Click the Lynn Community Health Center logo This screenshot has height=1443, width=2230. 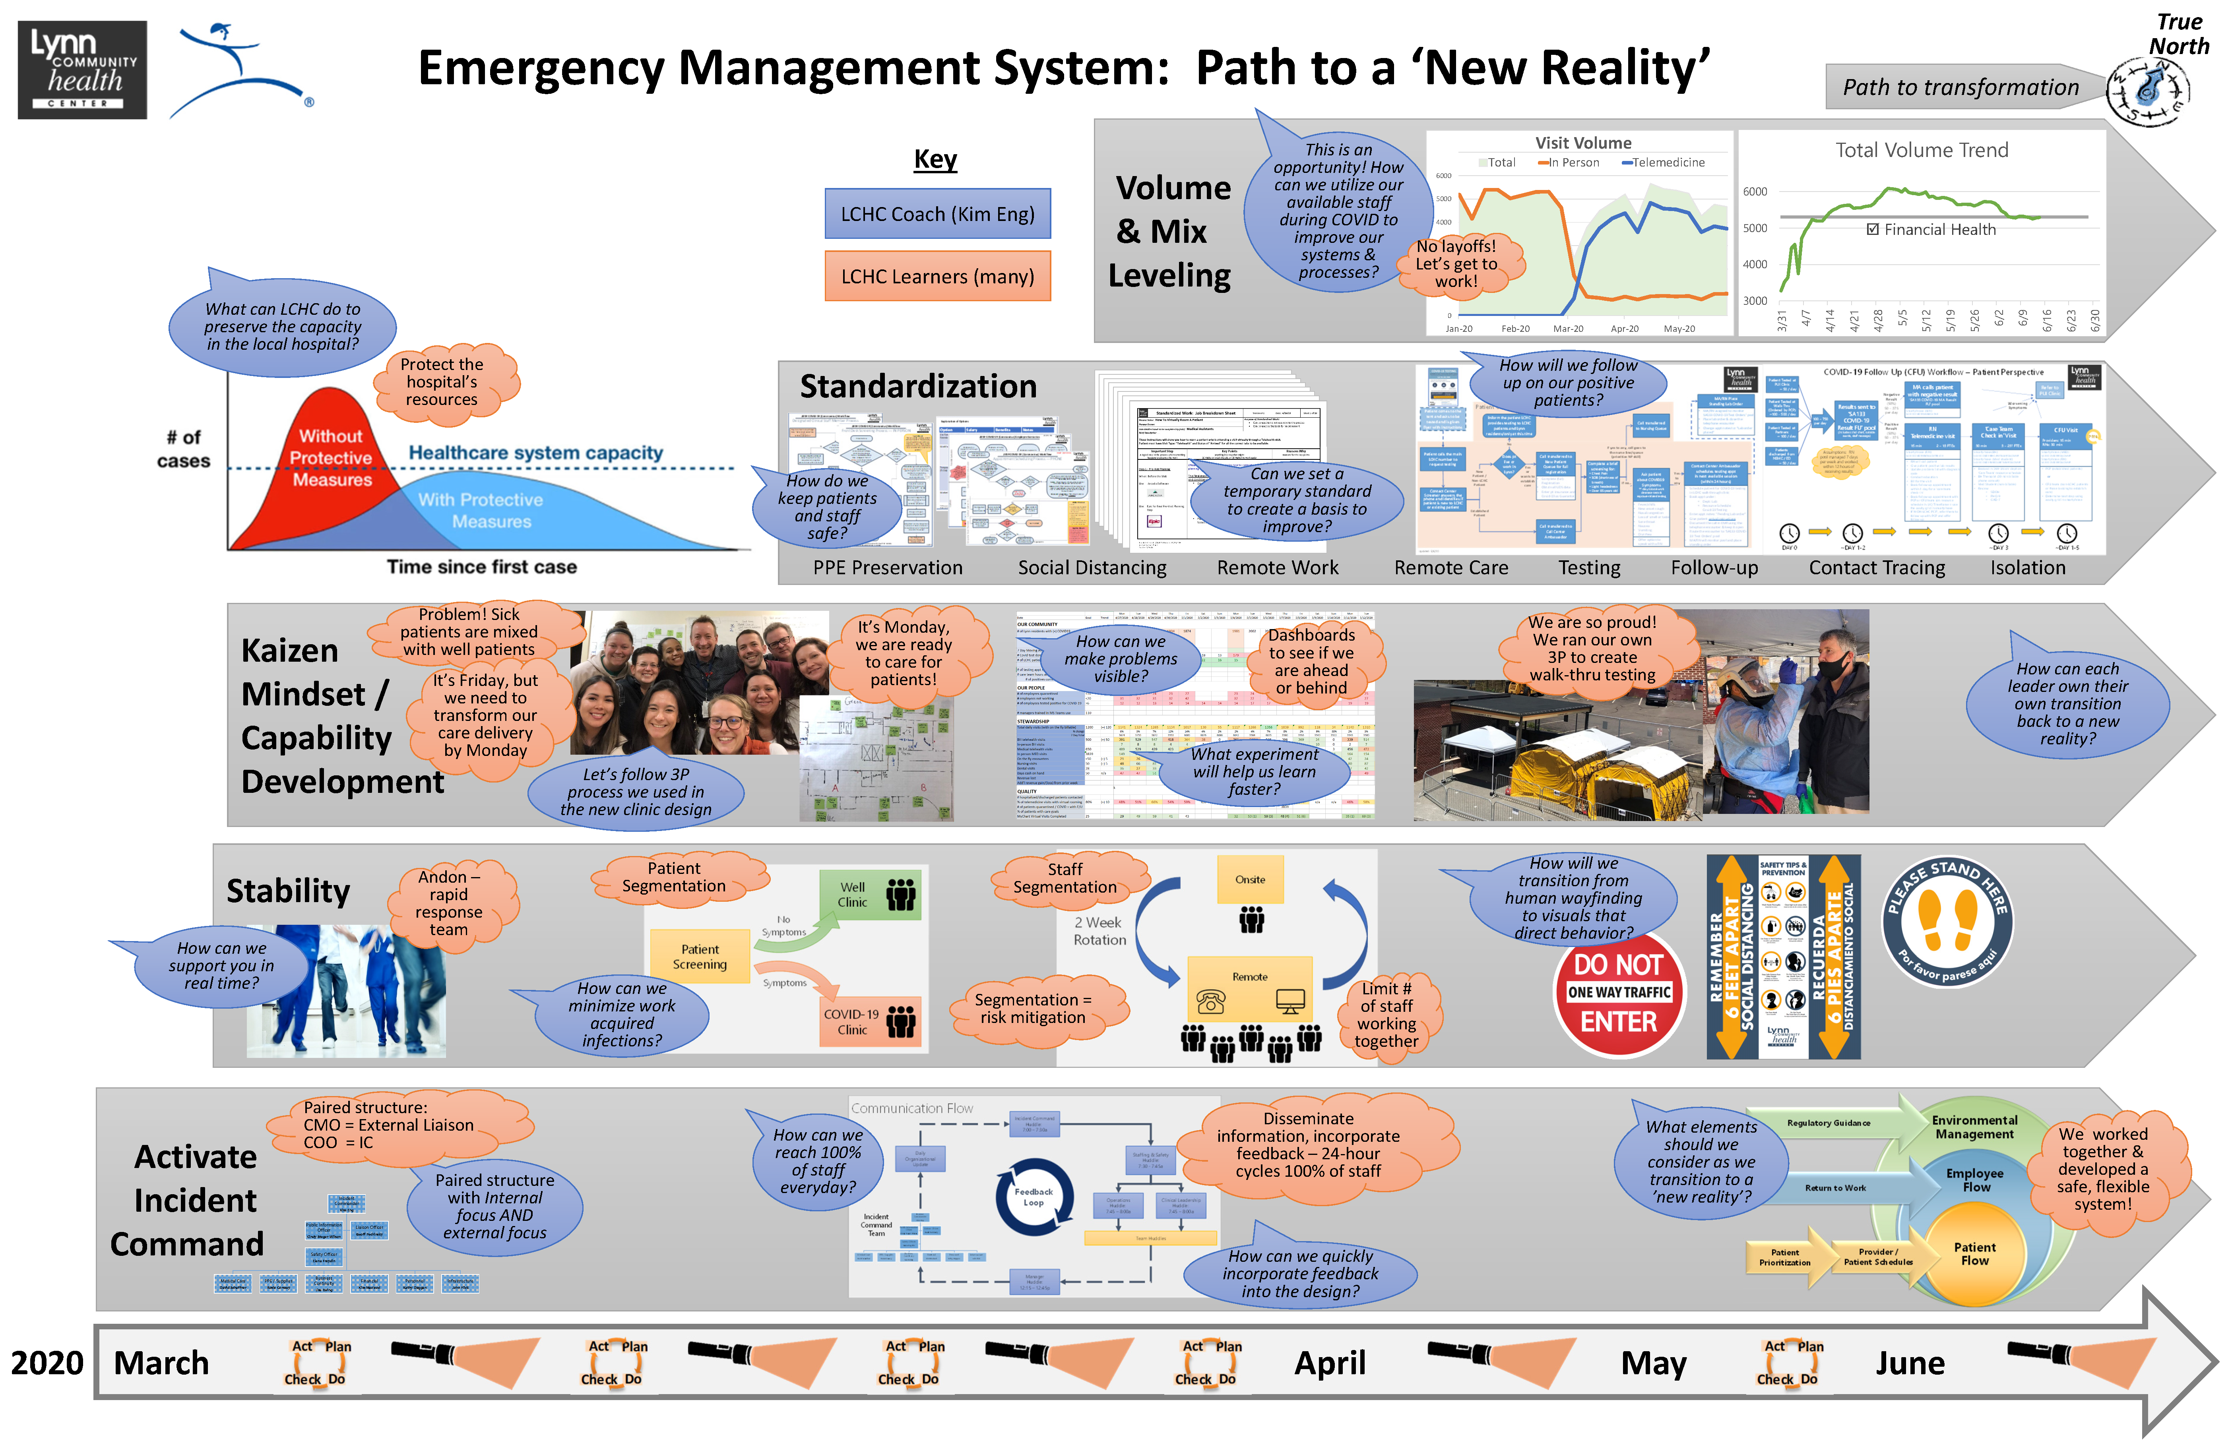pyautogui.click(x=82, y=70)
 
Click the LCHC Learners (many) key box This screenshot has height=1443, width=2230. pyautogui.click(x=937, y=277)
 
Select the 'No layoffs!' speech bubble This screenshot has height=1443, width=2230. pyautogui.click(x=1456, y=263)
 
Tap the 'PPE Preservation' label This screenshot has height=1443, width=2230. pyautogui.click(x=887, y=568)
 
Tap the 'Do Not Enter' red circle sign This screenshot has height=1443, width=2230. pyautogui.click(x=1618, y=993)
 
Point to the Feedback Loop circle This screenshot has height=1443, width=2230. pyautogui.click(x=1034, y=1197)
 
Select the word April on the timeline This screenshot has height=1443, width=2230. pyautogui.click(x=1330, y=1364)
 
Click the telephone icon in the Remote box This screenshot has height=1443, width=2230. pyautogui.click(x=1210, y=1003)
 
